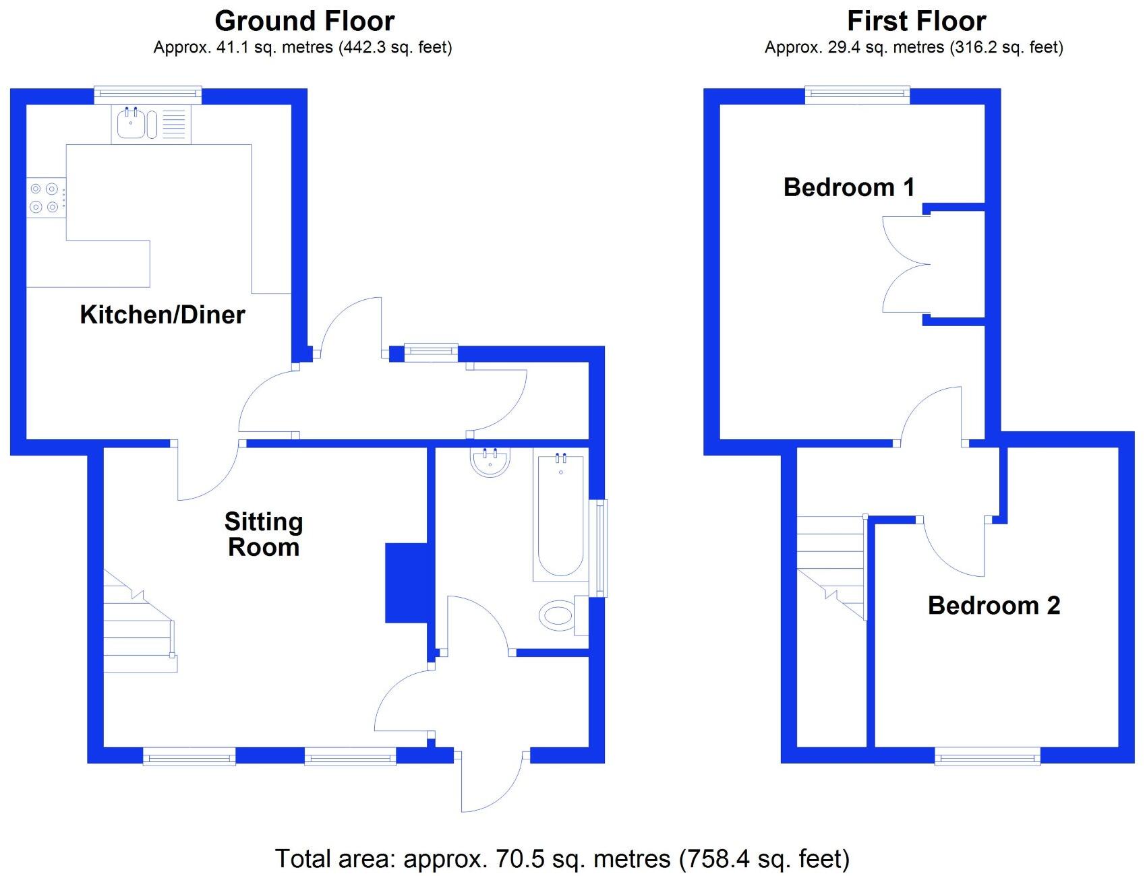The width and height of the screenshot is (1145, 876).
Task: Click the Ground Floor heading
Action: [304, 22]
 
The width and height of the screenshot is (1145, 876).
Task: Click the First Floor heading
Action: [916, 22]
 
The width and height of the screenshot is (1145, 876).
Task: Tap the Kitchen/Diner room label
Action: [162, 315]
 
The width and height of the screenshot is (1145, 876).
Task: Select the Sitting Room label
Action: [264, 534]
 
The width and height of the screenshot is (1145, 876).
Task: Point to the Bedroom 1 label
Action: [849, 187]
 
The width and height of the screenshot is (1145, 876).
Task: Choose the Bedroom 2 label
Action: [993, 605]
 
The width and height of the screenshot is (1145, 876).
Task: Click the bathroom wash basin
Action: [490, 462]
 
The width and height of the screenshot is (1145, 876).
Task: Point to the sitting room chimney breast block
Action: [405, 583]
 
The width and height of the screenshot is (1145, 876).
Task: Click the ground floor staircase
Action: [138, 627]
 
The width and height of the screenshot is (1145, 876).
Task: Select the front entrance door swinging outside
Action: [491, 782]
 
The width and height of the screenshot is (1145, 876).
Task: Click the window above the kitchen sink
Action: [148, 95]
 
